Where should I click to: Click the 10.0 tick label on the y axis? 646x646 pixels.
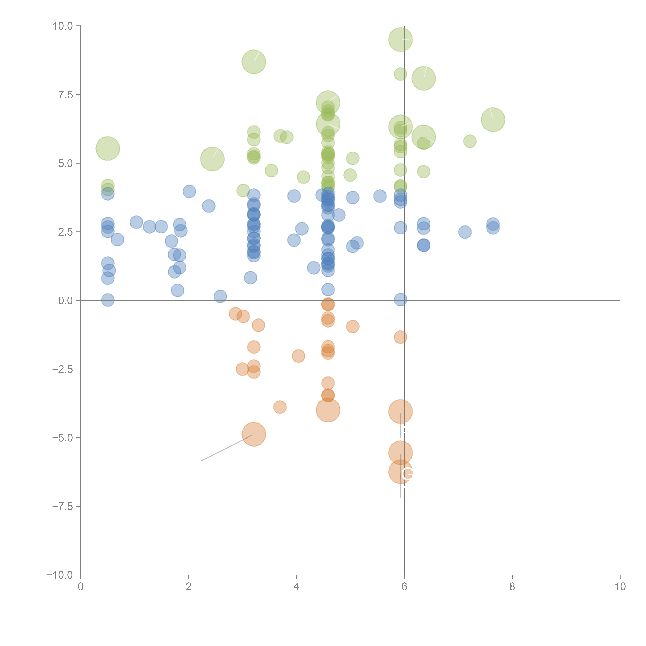tap(63, 26)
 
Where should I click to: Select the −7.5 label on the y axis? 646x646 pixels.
tap(63, 506)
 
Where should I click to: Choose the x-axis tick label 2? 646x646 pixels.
tap(189, 587)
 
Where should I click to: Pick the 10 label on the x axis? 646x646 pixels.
tap(620, 587)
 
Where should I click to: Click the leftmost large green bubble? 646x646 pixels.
tap(108, 148)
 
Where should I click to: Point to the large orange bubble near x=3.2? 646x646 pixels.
tap(254, 434)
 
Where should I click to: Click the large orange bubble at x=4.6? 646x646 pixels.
tap(328, 410)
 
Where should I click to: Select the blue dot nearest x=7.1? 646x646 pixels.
tap(465, 232)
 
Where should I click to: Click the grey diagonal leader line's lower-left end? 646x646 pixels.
tap(201, 461)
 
